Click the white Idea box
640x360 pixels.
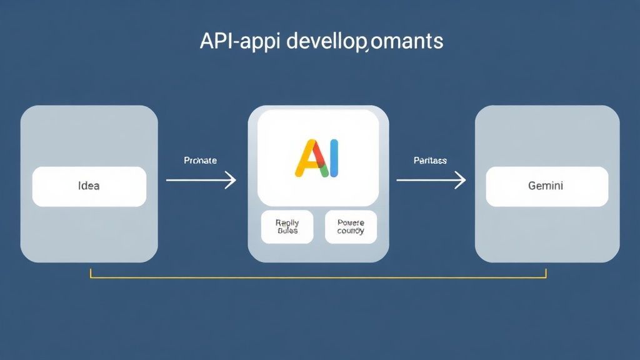(89, 186)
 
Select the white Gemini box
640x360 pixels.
(547, 186)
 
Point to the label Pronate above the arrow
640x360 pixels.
(201, 161)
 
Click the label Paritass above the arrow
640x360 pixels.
(430, 161)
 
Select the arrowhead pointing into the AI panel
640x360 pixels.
(231, 181)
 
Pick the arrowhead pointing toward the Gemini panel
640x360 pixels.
(461, 181)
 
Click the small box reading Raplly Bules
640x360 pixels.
(287, 226)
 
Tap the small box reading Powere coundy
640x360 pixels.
(351, 226)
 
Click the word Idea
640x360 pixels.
(89, 186)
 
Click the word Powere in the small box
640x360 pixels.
(351, 222)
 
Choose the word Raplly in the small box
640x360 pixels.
(287, 222)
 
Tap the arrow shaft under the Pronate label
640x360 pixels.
(197, 181)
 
